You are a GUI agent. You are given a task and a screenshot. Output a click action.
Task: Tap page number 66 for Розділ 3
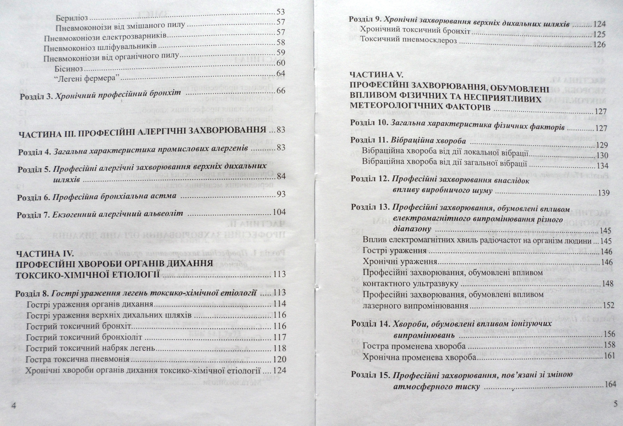point(281,91)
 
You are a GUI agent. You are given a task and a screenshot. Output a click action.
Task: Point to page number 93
point(281,194)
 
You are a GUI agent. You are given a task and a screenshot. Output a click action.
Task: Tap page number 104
point(279,212)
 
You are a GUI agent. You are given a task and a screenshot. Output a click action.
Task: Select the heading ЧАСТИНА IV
point(44,254)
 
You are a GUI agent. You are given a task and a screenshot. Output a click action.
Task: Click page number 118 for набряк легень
point(280,348)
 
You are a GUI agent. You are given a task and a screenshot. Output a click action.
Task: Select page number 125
point(599,34)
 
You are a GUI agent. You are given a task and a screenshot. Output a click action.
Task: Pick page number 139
point(604,193)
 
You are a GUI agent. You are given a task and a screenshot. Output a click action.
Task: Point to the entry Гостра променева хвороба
point(414,346)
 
